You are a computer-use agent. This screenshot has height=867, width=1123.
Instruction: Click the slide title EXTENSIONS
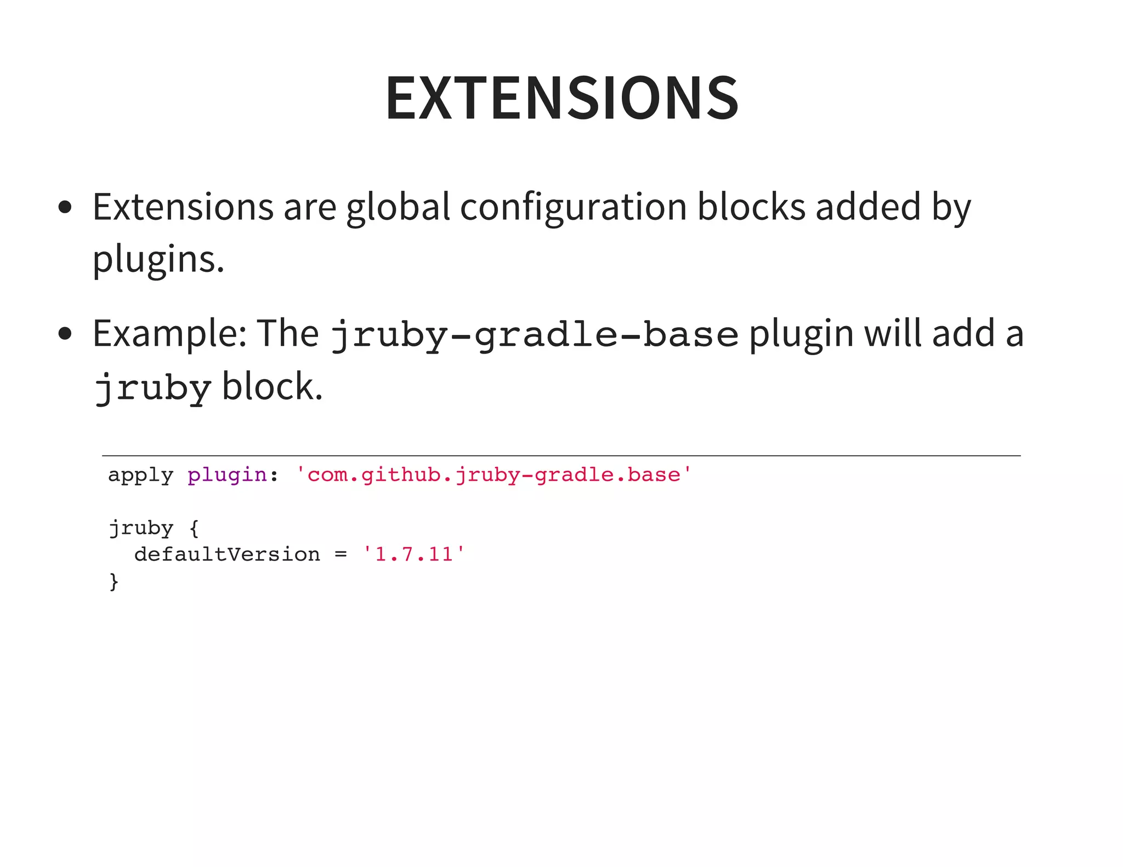point(562,98)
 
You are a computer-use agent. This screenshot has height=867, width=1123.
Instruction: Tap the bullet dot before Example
point(65,333)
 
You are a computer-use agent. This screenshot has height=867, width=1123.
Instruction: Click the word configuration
point(573,208)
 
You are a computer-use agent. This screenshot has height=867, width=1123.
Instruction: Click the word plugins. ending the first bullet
point(158,260)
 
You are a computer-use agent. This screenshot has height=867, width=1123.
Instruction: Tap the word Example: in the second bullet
point(169,334)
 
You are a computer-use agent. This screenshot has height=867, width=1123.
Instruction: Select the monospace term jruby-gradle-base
point(535,335)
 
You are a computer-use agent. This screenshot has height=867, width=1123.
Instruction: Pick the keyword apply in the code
point(140,475)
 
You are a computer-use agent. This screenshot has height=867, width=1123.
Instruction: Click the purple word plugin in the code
point(227,475)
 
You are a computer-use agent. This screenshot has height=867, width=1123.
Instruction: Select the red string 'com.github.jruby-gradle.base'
point(494,475)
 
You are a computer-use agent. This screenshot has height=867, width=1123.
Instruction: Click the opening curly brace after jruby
point(194,528)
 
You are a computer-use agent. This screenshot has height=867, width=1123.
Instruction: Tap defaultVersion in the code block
point(227,555)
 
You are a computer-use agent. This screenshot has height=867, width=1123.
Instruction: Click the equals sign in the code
point(341,555)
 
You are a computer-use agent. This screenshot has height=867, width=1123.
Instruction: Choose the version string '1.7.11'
point(414,555)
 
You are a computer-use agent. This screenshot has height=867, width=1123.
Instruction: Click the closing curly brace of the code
point(114,581)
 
